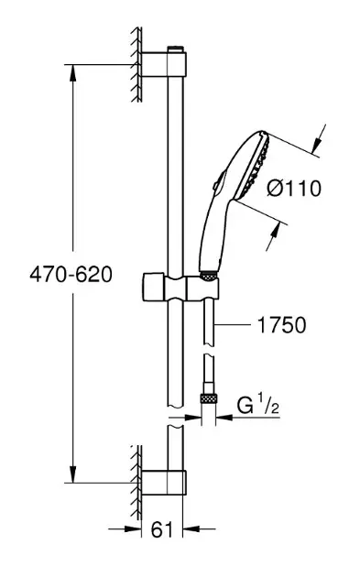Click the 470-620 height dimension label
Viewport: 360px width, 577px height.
pyautogui.click(x=71, y=275)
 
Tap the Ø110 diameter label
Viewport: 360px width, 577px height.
pyautogui.click(x=294, y=188)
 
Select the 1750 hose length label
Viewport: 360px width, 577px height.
pyautogui.click(x=282, y=325)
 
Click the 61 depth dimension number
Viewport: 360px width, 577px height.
pyautogui.click(x=162, y=530)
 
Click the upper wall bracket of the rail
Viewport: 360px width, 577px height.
pyautogui.click(x=164, y=65)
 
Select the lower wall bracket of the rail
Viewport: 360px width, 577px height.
pyautogui.click(x=164, y=483)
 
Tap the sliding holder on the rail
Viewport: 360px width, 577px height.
pyautogui.click(x=180, y=287)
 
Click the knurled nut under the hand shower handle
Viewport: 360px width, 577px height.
pyautogui.click(x=209, y=277)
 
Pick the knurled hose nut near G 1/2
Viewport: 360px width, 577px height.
pyautogui.click(x=208, y=399)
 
